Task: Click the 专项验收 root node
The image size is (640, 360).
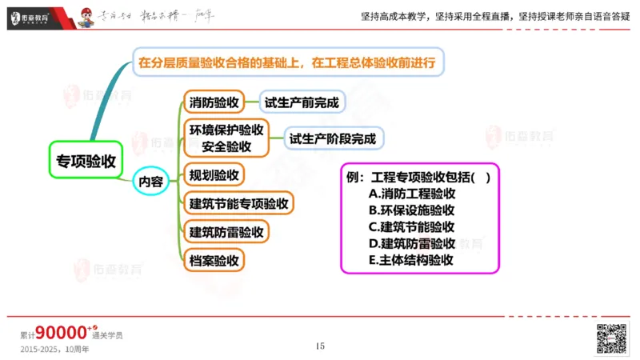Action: [86, 160]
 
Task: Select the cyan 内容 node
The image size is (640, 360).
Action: [150, 182]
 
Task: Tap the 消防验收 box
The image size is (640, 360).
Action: [214, 102]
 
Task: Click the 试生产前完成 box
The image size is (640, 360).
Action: [302, 102]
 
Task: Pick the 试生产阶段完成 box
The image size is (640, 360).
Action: [332, 138]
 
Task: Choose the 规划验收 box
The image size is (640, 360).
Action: [214, 174]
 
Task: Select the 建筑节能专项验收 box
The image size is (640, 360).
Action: [238, 203]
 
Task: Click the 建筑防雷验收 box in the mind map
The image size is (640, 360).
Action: [226, 232]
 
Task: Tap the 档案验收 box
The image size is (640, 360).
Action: [214, 260]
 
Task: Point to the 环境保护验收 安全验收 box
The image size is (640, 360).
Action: [226, 138]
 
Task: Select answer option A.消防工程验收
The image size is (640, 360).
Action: [411, 193]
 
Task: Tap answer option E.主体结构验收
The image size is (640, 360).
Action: [411, 260]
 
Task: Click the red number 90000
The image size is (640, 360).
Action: [61, 333]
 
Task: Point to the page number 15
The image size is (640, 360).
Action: [320, 346]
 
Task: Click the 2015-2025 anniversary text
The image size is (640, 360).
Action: [58, 350]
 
